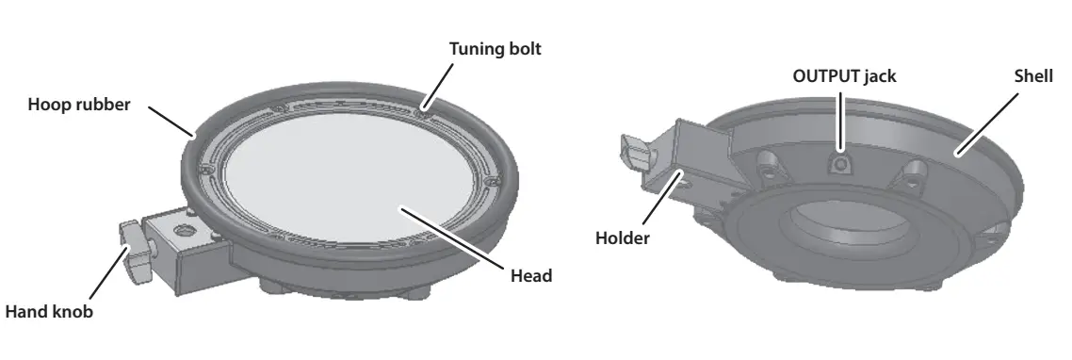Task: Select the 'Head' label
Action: [x=530, y=276]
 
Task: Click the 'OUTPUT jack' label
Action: [x=842, y=76]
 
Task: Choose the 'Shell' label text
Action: [x=1032, y=76]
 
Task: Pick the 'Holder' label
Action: [x=622, y=238]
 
